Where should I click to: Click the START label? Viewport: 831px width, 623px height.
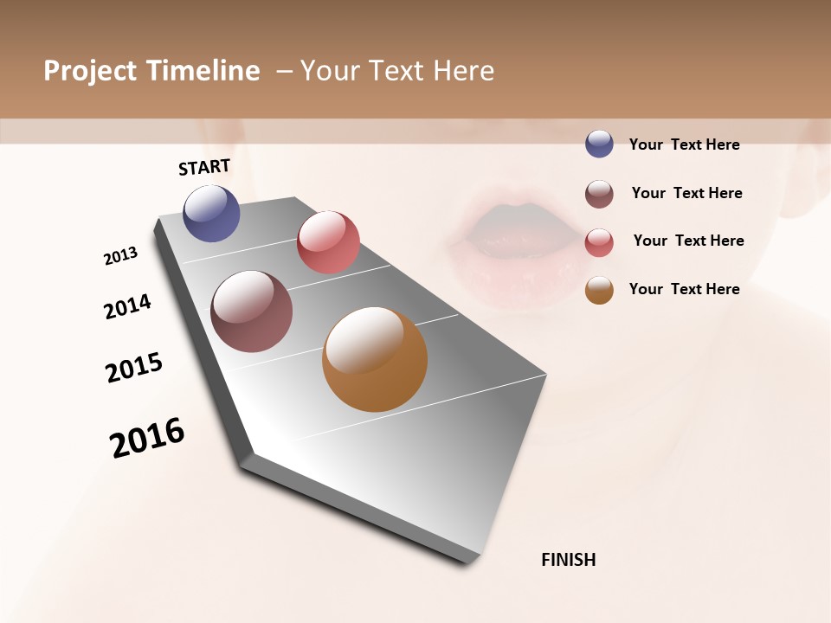click(x=204, y=167)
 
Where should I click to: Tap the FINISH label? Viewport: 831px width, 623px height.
click(x=568, y=560)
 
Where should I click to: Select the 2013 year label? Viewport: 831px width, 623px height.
click(x=120, y=256)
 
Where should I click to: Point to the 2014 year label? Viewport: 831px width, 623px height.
click(x=127, y=306)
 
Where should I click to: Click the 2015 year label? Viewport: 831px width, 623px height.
click(x=134, y=368)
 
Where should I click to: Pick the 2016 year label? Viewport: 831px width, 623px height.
click(x=147, y=438)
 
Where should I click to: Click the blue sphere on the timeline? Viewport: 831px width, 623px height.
click(x=211, y=214)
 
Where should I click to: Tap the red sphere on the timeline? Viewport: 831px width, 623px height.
click(x=328, y=242)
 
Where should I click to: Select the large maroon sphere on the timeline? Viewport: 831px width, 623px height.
click(x=251, y=311)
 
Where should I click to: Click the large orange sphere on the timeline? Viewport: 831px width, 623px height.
click(x=375, y=359)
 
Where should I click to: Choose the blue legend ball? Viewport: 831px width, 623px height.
click(x=599, y=144)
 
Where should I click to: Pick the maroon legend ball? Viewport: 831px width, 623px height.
click(x=599, y=194)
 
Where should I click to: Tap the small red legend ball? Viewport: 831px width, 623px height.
click(x=599, y=242)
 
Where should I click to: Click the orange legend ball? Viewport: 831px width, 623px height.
click(x=599, y=291)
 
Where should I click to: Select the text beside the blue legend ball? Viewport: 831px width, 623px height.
click(x=684, y=145)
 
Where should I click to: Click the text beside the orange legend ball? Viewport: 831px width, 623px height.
click(x=684, y=289)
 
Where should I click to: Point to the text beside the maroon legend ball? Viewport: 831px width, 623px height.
click(x=686, y=193)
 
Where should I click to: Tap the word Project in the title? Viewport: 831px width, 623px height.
click(x=90, y=71)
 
